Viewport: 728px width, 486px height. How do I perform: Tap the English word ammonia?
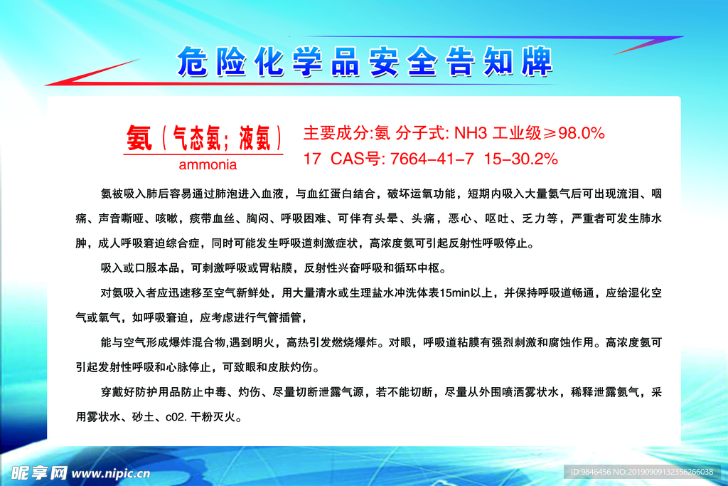(208, 164)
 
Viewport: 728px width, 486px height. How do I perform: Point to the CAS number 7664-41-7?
(432, 159)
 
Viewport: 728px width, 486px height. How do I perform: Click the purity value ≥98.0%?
(574, 133)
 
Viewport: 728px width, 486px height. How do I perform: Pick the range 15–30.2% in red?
(520, 159)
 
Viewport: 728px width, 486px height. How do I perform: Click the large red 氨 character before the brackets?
(139, 138)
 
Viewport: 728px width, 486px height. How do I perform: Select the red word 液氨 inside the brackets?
(255, 138)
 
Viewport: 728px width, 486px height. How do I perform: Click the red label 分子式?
(420, 133)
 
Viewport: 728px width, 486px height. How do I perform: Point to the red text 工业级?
(517, 133)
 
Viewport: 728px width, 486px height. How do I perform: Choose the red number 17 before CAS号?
(312, 159)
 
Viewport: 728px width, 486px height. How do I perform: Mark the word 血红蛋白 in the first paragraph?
(330, 194)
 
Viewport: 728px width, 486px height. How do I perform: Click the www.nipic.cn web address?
(111, 473)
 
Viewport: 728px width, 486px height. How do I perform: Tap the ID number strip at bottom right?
(642, 472)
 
